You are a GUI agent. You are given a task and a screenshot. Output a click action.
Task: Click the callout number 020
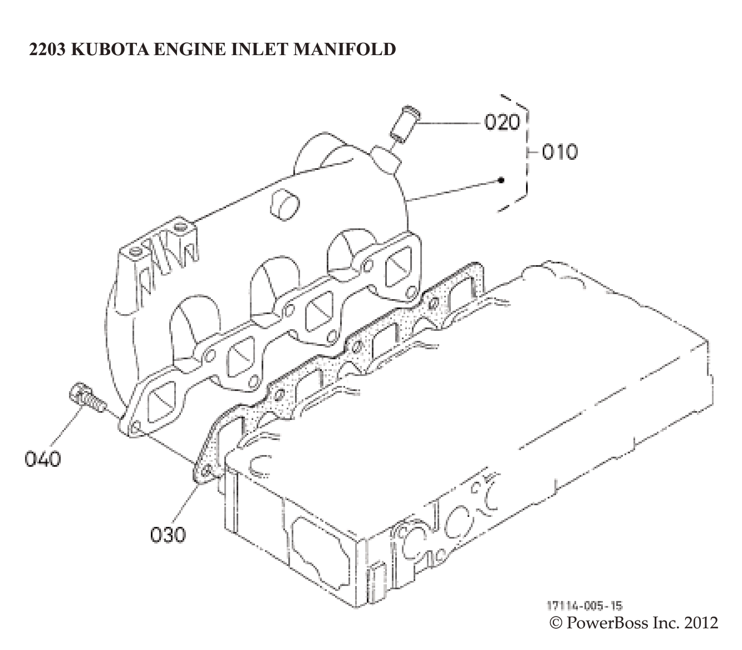click(502, 122)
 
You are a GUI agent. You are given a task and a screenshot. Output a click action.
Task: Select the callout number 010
click(559, 151)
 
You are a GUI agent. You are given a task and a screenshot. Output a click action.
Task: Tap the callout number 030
click(168, 535)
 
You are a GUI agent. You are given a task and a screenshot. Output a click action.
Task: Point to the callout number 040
click(43, 460)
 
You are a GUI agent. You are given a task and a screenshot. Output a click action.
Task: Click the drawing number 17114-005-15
click(584, 606)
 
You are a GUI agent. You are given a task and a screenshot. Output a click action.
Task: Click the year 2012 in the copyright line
click(701, 622)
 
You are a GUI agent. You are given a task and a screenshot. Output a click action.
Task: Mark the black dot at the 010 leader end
click(502, 180)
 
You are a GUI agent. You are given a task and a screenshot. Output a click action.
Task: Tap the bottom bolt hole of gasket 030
click(206, 471)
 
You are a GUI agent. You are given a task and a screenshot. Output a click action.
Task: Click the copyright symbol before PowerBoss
click(556, 622)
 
